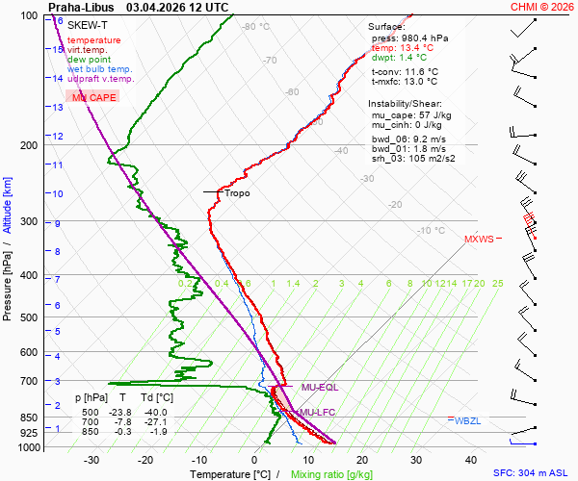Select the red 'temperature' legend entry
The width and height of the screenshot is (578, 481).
(x=94, y=40)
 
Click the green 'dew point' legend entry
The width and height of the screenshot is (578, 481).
(x=89, y=60)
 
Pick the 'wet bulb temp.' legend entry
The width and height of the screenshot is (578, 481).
(x=100, y=69)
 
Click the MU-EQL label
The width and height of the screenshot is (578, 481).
(x=320, y=387)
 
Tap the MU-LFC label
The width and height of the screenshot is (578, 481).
(x=318, y=413)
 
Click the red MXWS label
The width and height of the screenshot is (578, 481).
(x=479, y=239)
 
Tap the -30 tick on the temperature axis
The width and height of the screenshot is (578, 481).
(x=92, y=460)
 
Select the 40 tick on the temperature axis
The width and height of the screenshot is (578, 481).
(x=471, y=460)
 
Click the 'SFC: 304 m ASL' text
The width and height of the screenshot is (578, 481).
(x=533, y=474)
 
